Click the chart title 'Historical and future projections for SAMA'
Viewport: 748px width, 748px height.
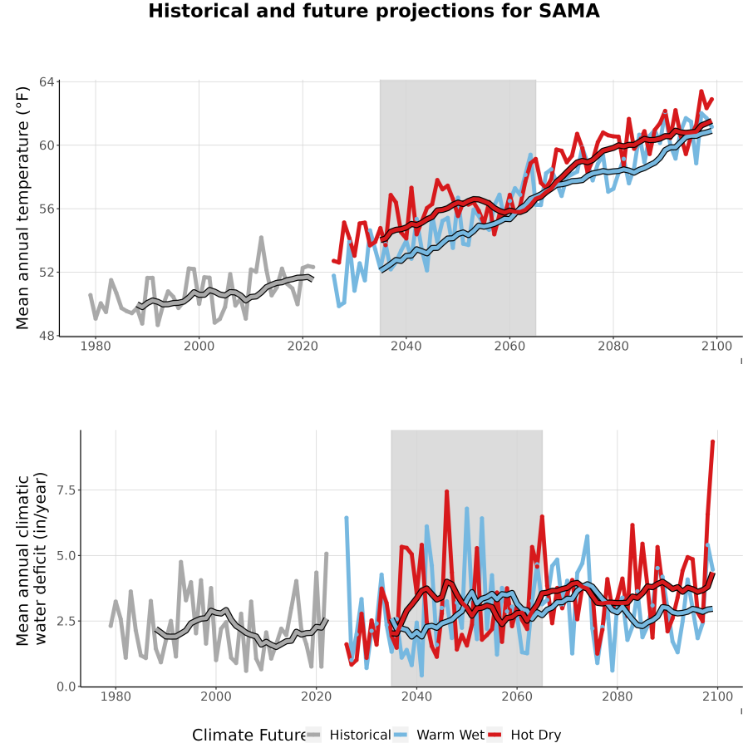pos(373,11)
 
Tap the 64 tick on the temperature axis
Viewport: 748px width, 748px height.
pos(47,82)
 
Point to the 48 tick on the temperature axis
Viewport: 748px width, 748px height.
pos(47,336)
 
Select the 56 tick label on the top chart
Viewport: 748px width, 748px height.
pos(47,209)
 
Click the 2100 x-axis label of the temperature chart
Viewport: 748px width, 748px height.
pos(716,346)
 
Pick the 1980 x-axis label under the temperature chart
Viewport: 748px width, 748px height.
pos(96,346)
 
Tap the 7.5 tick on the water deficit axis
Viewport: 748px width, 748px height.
pos(66,490)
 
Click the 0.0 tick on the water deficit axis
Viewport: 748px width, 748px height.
pos(66,687)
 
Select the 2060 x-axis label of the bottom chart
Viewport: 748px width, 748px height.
pos(517,696)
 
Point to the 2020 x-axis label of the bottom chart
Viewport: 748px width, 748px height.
pos(317,696)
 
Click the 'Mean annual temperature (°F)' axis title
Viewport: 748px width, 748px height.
pos(22,209)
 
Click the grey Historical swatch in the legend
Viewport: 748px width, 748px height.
pos(313,736)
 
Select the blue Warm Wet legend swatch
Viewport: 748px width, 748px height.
pos(401,736)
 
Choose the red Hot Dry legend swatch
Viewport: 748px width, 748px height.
pos(495,736)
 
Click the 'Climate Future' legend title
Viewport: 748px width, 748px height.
pos(249,736)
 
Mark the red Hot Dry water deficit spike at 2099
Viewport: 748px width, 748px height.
pos(713,442)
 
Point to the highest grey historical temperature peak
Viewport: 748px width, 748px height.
pos(262,237)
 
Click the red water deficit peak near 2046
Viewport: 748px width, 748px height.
pos(446,491)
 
